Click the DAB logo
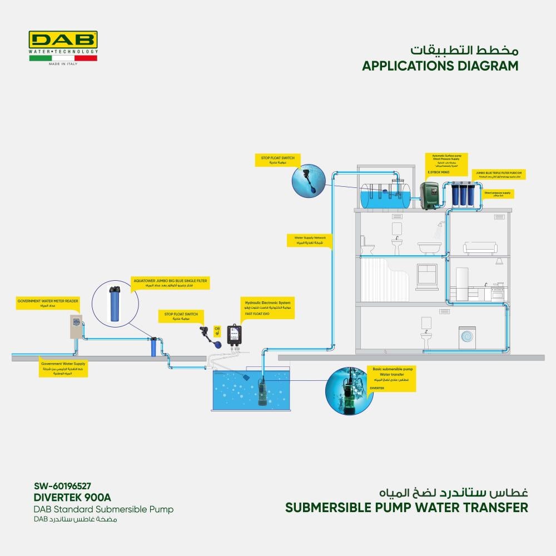point(63,40)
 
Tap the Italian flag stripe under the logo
point(63,58)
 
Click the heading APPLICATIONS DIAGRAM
point(440,66)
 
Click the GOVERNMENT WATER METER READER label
point(48,304)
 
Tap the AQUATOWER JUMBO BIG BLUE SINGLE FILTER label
point(170,284)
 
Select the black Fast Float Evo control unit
point(237,336)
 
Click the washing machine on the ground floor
point(467,337)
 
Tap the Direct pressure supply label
point(497,194)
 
